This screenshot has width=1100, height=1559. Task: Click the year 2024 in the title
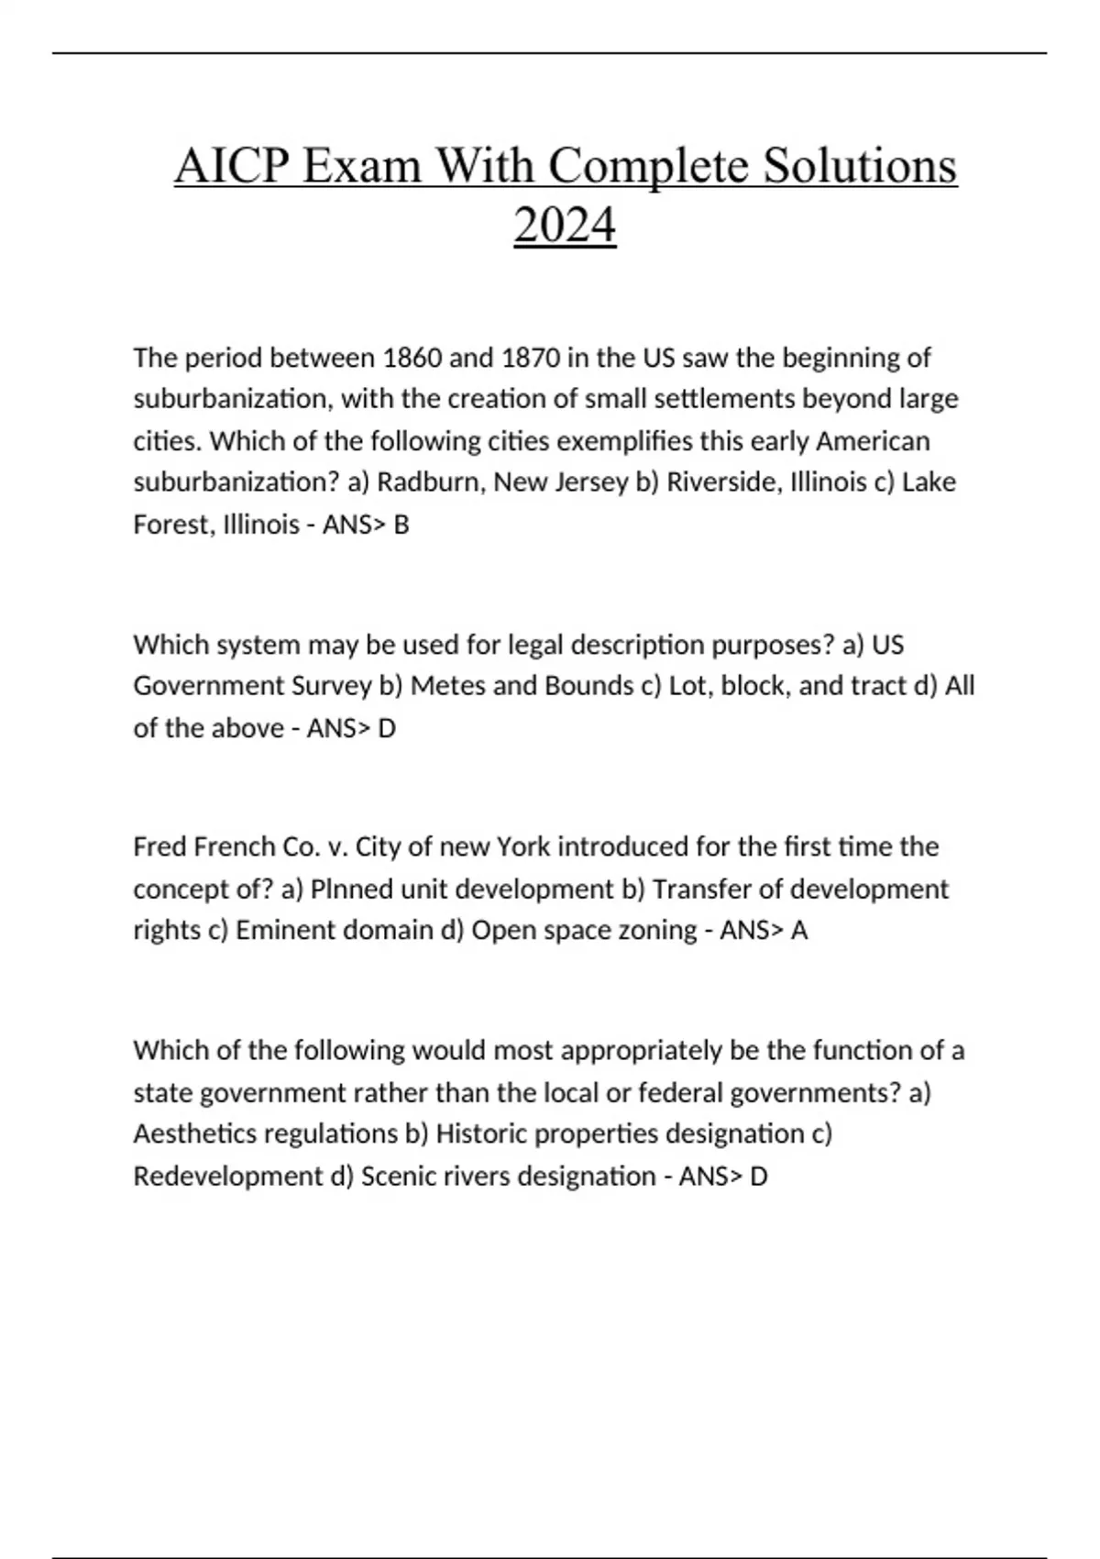pyautogui.click(x=565, y=225)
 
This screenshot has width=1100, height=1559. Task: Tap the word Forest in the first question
pyautogui.click(x=170, y=525)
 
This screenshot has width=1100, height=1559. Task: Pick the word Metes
pyautogui.click(x=447, y=686)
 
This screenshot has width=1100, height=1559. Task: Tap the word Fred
pyautogui.click(x=159, y=846)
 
